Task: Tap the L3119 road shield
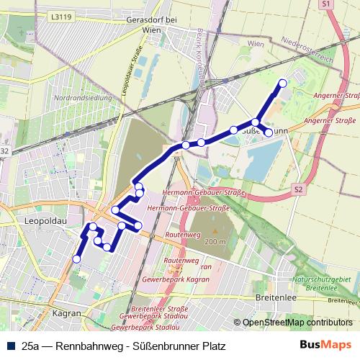63,15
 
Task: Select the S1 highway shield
325,5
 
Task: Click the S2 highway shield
297,189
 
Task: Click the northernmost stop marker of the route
282,84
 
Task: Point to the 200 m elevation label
215,242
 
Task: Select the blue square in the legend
9,346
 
